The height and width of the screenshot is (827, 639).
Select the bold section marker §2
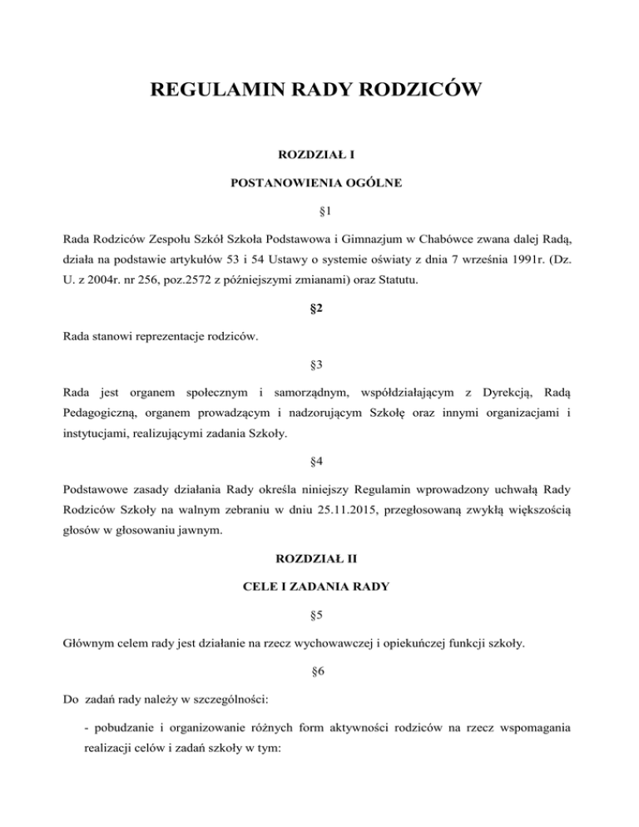(319, 313)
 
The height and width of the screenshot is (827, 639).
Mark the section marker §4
(319, 469)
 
